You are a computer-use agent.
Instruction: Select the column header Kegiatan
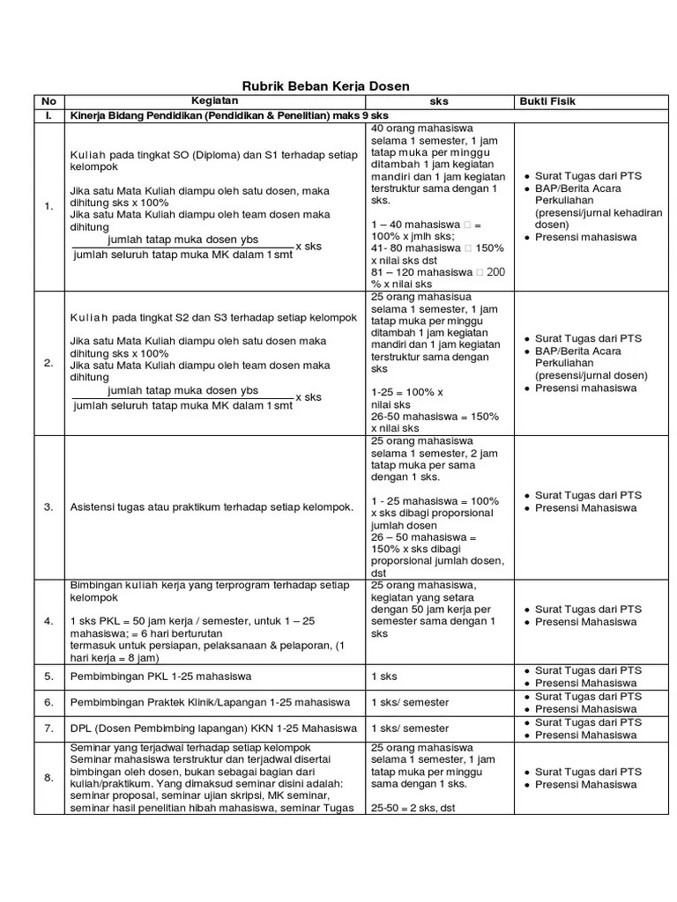216,100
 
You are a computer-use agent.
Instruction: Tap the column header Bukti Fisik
547,101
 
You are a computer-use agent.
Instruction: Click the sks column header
438,101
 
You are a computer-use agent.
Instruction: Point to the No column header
48,101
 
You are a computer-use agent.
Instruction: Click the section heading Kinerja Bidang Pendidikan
229,116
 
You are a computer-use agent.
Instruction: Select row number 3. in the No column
48,507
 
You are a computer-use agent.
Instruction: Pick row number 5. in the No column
48,676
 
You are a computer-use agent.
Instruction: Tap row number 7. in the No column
48,728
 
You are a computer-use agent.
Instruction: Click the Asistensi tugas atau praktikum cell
212,507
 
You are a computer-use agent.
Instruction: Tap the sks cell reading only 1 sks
384,676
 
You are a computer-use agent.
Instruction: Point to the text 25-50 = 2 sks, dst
415,808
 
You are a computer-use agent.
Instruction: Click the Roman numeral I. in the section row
48,116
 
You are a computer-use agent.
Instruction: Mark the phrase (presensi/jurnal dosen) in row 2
591,375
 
